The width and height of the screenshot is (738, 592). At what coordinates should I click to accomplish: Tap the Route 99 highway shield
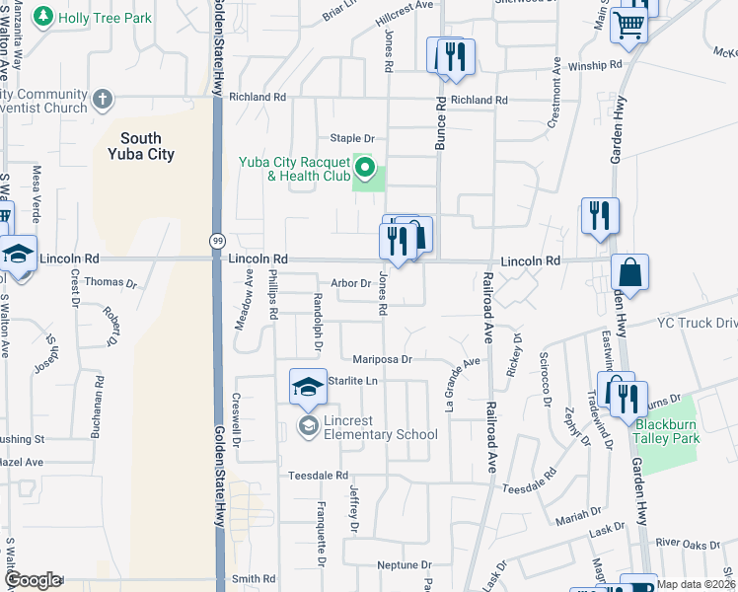(215, 240)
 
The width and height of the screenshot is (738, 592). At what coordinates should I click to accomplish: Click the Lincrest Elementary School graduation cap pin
(308, 386)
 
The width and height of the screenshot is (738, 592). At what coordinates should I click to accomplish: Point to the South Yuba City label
(147, 147)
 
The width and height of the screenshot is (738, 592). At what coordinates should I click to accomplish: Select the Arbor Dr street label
(349, 282)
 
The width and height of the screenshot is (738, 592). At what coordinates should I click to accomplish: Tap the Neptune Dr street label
(405, 565)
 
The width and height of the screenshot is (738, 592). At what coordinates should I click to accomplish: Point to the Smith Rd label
(254, 579)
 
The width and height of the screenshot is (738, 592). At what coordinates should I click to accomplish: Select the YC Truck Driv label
(698, 323)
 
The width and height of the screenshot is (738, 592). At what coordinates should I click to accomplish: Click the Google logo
(33, 580)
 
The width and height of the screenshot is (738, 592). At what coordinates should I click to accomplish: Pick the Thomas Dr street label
(111, 282)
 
